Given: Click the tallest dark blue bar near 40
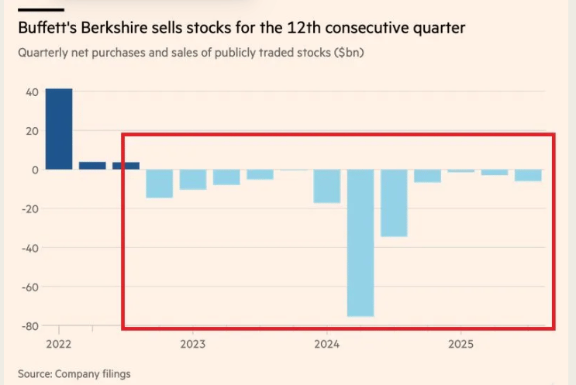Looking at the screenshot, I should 59,129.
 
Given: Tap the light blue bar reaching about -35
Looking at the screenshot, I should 394,203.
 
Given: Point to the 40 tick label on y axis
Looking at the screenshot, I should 32,92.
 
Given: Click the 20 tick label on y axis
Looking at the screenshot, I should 32,131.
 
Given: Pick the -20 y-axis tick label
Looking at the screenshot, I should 29,209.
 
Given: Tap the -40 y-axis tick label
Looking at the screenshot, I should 29,248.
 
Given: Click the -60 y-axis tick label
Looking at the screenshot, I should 29,287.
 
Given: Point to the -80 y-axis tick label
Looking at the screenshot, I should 29,325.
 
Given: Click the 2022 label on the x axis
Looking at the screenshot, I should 58,343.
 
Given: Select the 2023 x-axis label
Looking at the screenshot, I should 192,343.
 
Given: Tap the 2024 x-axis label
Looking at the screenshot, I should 327,343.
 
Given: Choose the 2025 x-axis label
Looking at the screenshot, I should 461,343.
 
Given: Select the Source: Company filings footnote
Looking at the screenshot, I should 74,373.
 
